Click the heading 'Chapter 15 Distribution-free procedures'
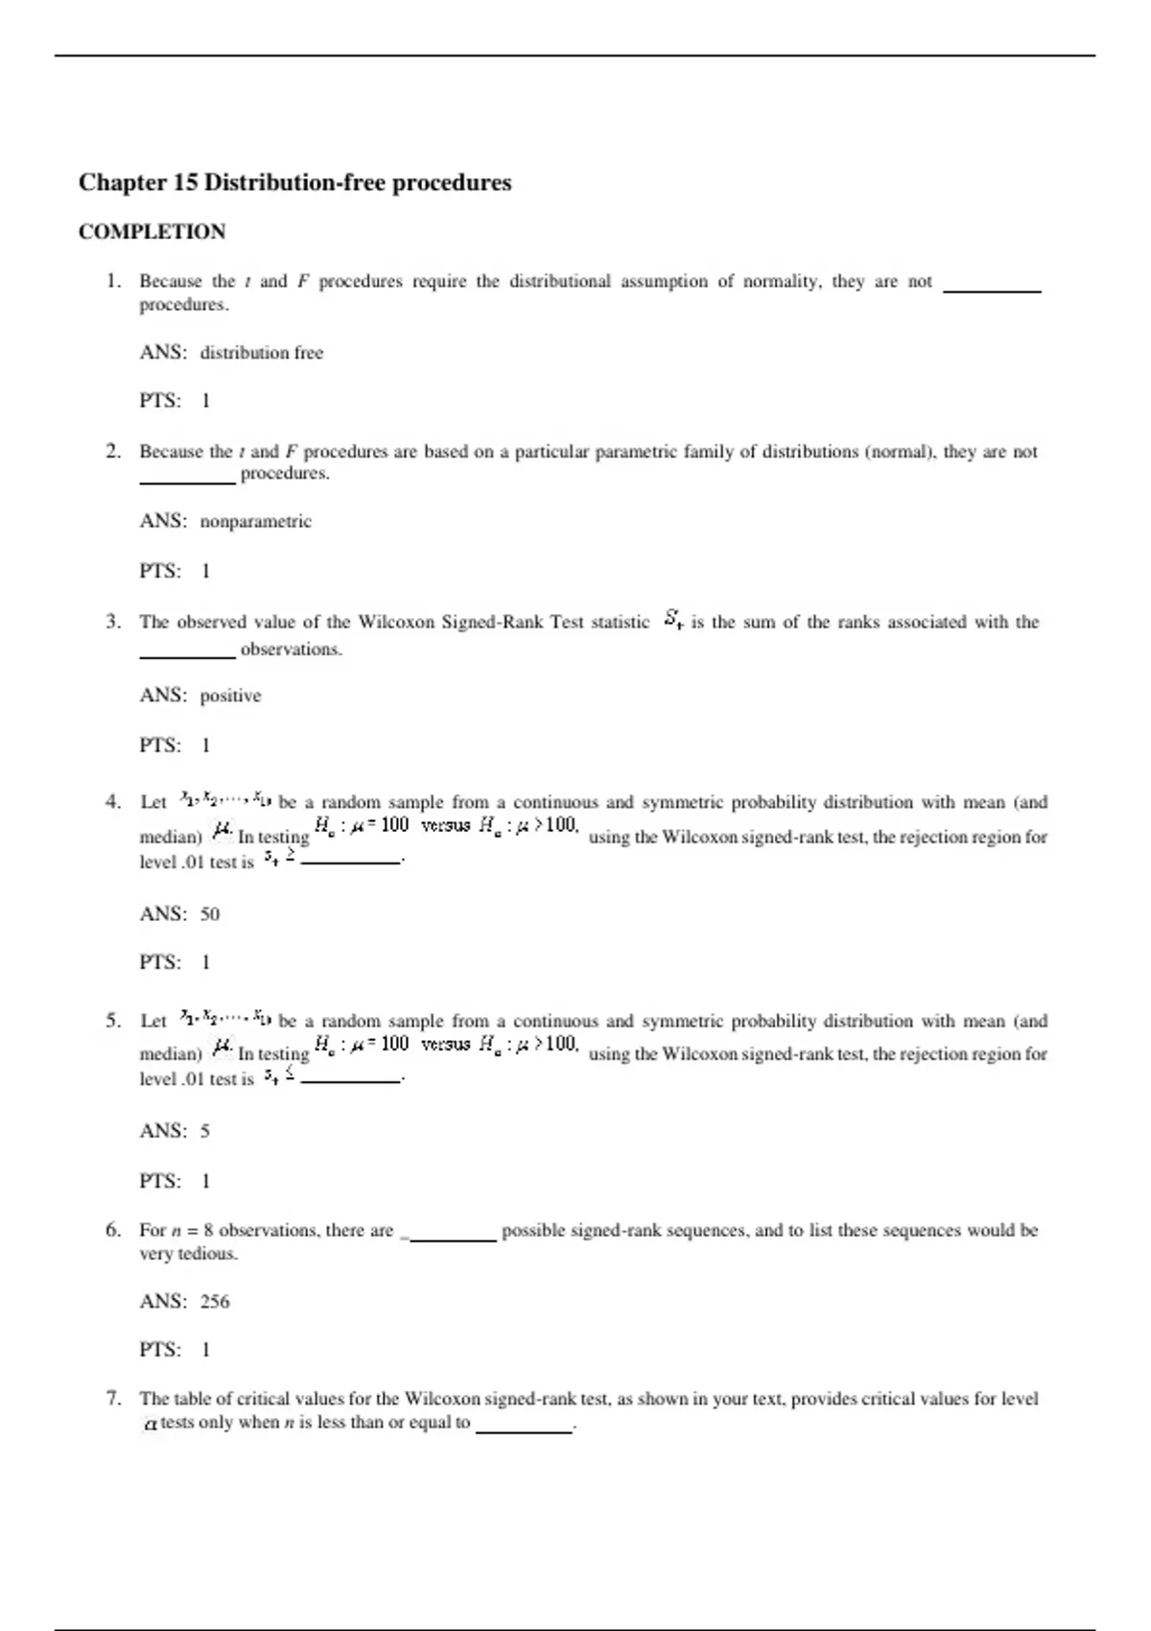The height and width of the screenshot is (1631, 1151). tap(294, 182)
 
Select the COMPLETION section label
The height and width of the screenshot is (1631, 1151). tap(153, 232)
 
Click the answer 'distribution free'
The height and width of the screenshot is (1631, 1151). tap(261, 353)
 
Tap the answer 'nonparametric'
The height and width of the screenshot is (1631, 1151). tap(255, 522)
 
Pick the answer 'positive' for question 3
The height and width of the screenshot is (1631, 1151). tap(230, 696)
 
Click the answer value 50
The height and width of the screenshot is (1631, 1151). tap(210, 914)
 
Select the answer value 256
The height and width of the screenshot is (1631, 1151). tap(215, 1302)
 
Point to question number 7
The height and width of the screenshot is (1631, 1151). tap(113, 1399)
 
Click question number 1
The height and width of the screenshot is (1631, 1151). tap(113, 281)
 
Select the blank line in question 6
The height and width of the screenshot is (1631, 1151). tap(453, 1239)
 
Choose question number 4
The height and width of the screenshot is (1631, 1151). tap(113, 802)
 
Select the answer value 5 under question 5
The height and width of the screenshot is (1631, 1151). tap(205, 1131)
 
